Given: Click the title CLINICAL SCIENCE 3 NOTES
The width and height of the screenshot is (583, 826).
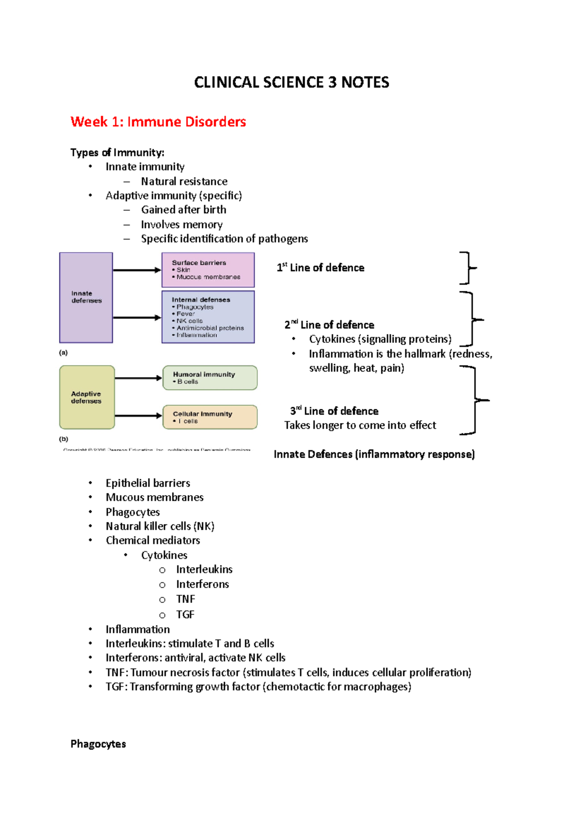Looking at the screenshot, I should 291,82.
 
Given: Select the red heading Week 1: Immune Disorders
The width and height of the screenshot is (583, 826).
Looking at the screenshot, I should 158,122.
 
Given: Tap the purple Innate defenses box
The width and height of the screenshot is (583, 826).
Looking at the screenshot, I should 86,297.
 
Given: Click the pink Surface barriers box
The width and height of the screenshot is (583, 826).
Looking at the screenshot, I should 208,269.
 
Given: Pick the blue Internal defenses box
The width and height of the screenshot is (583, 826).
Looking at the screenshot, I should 208,317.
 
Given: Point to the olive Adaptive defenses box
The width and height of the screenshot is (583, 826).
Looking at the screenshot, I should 86,397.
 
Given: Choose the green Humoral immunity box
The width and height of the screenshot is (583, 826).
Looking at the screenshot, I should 209,378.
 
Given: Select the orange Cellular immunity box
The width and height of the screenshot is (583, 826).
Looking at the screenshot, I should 209,417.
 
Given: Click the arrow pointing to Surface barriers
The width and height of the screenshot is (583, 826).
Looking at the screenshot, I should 137,270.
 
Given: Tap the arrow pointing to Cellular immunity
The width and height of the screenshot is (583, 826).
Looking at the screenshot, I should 138,415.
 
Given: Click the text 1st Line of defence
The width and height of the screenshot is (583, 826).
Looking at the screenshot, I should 320,268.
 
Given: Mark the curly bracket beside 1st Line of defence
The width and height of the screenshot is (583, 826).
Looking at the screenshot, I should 467,268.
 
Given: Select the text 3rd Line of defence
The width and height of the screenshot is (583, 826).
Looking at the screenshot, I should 334,411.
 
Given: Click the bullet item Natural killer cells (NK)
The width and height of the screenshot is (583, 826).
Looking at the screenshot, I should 160,526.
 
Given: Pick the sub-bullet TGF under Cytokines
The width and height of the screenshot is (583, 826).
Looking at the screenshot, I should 185,614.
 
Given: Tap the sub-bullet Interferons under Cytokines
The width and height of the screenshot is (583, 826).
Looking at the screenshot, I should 202,584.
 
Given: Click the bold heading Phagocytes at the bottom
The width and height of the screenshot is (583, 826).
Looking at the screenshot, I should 98,744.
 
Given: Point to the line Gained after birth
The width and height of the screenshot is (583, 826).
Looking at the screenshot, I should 183,210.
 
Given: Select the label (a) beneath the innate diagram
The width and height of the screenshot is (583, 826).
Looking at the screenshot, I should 64,353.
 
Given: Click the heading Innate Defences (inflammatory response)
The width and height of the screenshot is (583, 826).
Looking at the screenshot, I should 374,454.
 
